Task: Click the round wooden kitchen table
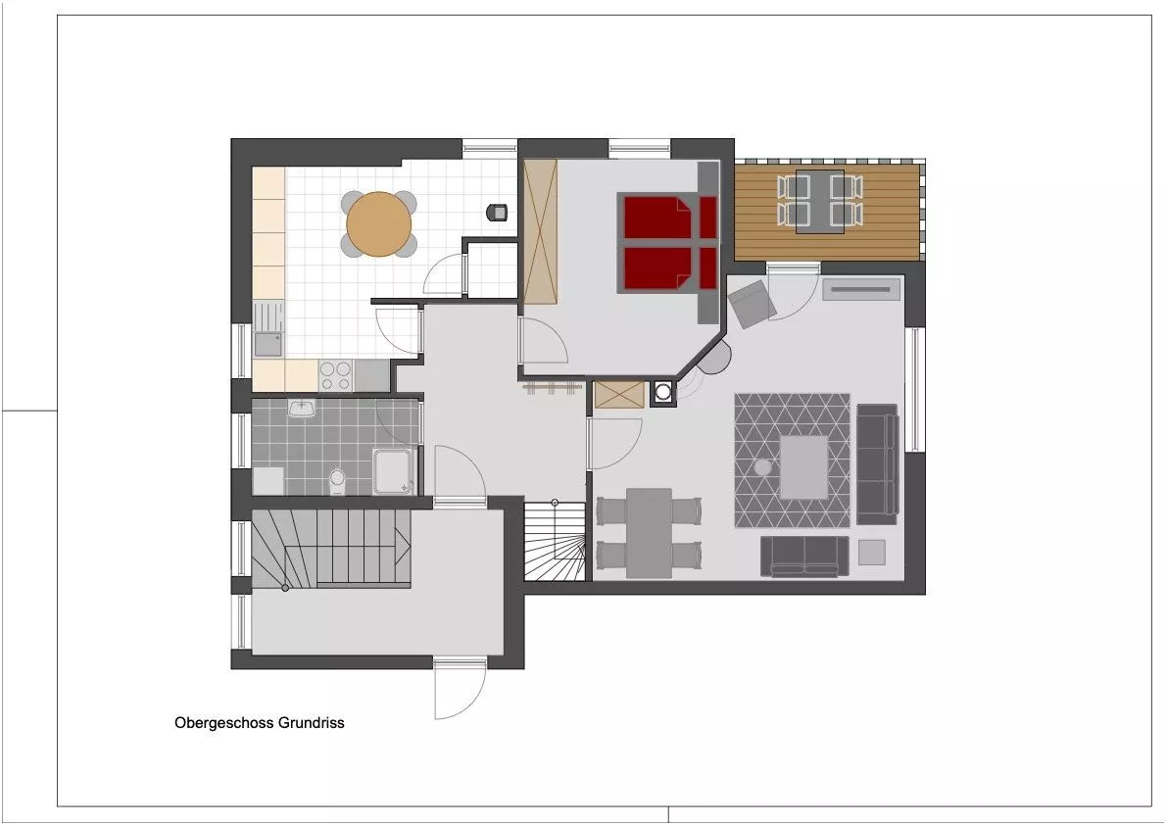(x=379, y=224)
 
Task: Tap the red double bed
(x=669, y=243)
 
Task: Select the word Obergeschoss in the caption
(x=224, y=722)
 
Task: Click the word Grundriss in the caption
(x=312, y=722)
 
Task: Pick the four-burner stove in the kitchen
(x=336, y=374)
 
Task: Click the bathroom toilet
(x=337, y=480)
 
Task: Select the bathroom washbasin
(x=302, y=409)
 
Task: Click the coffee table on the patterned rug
(x=803, y=467)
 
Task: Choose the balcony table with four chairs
(x=819, y=202)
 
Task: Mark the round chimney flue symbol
(x=662, y=392)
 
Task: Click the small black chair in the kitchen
(x=497, y=213)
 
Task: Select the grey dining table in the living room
(x=649, y=533)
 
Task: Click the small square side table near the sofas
(x=871, y=553)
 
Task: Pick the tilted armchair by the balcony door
(x=753, y=304)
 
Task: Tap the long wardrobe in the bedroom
(x=540, y=231)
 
